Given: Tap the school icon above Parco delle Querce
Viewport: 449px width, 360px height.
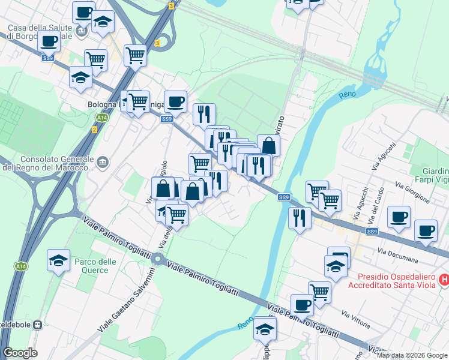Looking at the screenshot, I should (58, 260).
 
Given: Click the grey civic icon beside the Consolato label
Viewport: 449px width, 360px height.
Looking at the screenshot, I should (103, 161).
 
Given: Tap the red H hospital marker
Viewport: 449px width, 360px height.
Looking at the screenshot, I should (444, 278).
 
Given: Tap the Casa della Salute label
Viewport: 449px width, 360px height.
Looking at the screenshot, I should (40, 32).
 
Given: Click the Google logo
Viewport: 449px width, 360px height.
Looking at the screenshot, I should (20, 353).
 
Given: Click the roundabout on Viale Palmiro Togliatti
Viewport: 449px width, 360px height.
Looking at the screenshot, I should (158, 260).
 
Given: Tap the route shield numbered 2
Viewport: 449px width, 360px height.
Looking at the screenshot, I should (94, 130).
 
